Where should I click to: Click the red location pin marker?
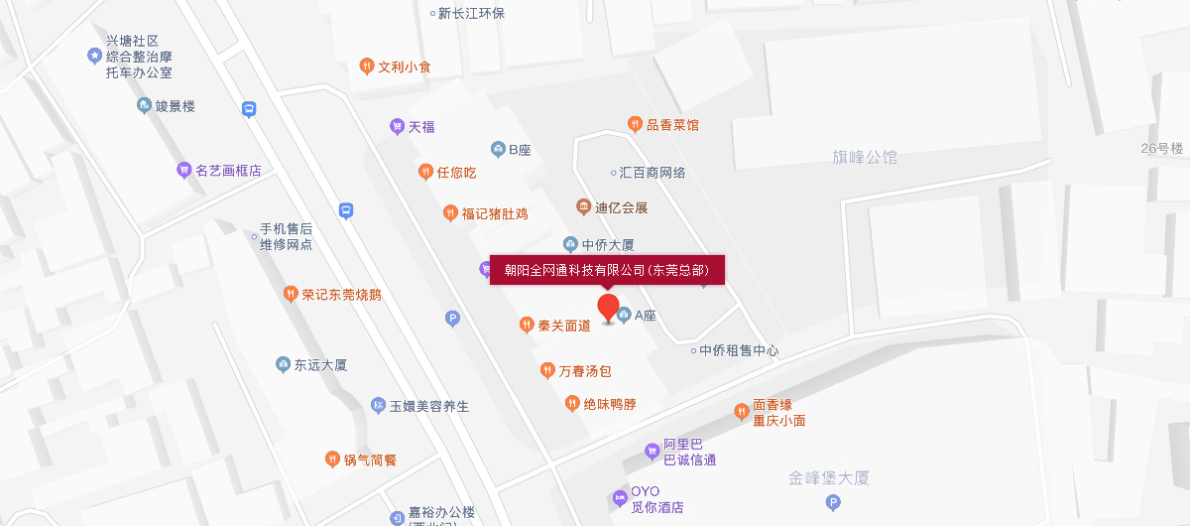pos(608,307)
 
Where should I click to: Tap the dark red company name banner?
pos(607,270)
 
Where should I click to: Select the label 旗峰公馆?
pos(865,157)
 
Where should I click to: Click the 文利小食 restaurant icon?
pos(366,66)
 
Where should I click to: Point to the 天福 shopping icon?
pos(397,126)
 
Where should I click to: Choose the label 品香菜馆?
pos(672,124)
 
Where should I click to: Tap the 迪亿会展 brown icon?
pos(583,206)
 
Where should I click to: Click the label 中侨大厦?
pos(607,244)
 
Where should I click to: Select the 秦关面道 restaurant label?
pos(564,325)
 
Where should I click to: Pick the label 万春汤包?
pos(585,371)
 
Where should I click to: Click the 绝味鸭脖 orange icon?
pos(571,403)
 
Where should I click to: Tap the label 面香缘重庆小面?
pos(778,412)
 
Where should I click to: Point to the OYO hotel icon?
pos(620,495)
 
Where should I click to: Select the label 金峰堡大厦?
pos(829,478)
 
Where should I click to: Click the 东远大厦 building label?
pos(320,364)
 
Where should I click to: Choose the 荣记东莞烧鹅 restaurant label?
pos(341,294)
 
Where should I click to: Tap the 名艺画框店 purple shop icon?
pos(183,170)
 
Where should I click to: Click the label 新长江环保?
pos(471,13)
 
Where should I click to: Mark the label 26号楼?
pos(1162,148)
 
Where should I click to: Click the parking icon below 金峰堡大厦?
pos(832,503)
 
